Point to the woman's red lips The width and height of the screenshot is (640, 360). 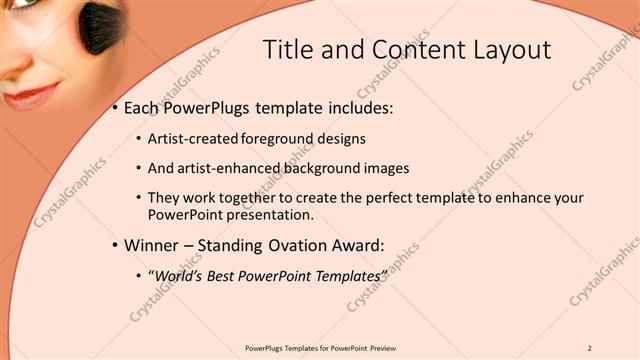pyautogui.click(x=31, y=95)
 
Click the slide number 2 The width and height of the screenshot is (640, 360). pyautogui.click(x=590, y=347)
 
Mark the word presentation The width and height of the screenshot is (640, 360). pyautogui.click(x=273, y=214)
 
